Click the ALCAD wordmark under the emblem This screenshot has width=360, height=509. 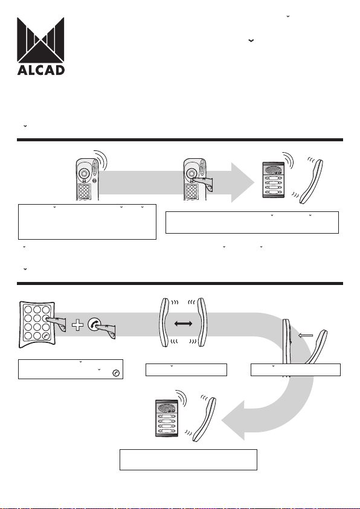(x=41, y=70)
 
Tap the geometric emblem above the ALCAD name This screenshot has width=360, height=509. (x=40, y=40)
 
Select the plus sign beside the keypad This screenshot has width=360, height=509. (x=77, y=325)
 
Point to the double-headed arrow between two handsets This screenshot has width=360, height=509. (x=184, y=323)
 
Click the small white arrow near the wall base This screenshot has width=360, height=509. (x=306, y=336)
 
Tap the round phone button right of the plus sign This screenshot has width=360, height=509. (x=94, y=325)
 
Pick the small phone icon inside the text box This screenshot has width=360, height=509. (x=116, y=373)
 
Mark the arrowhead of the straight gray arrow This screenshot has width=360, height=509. (x=242, y=182)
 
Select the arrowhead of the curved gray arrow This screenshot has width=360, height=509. (x=233, y=421)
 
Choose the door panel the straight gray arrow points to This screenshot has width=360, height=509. (x=274, y=180)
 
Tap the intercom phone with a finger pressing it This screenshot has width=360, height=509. (x=194, y=179)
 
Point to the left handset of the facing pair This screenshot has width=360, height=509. (x=164, y=322)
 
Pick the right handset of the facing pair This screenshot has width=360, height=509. (x=202, y=322)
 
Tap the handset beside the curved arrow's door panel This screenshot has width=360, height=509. (x=205, y=420)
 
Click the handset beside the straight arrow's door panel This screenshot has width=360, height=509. (x=311, y=182)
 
